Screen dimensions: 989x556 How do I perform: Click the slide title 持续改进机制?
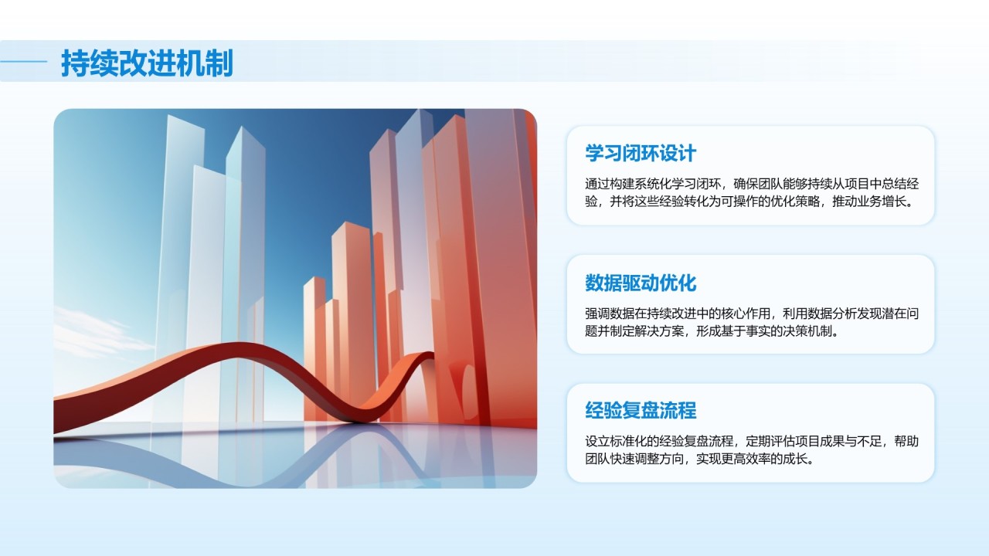(147, 63)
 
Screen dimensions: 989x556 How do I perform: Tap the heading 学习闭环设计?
(641, 154)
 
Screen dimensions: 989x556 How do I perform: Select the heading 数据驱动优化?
(641, 283)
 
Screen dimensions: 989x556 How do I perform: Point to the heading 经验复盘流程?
(641, 410)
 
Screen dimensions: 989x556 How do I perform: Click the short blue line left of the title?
(23, 62)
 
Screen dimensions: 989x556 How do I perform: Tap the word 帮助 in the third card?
(906, 441)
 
